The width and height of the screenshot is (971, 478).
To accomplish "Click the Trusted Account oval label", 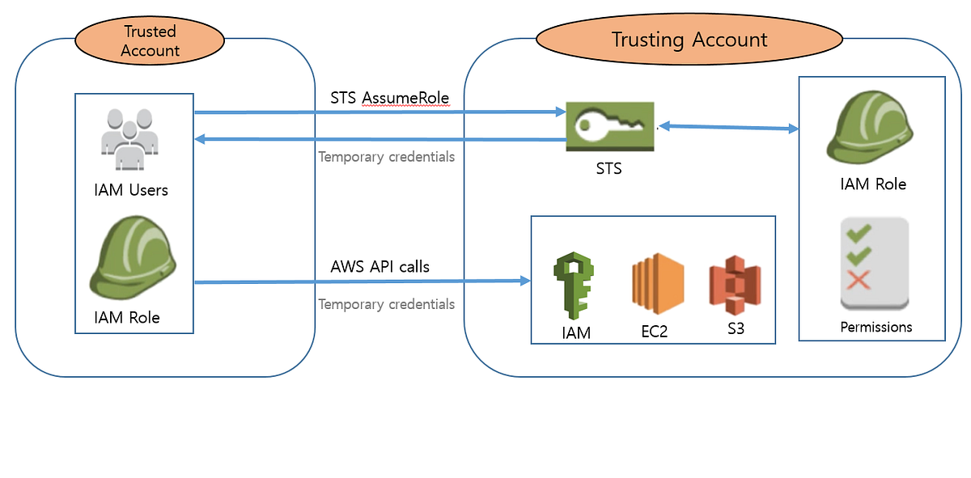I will [x=151, y=41].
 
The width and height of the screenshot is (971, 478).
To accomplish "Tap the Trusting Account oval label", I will [x=689, y=40].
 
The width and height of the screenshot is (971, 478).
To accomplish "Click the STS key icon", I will [x=610, y=126].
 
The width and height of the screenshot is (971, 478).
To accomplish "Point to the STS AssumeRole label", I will [x=390, y=98].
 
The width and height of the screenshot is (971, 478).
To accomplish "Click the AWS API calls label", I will [x=379, y=266].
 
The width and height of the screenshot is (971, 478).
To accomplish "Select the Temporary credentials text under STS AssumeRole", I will [x=386, y=157].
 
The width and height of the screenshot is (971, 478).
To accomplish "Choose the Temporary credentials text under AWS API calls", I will [x=386, y=304].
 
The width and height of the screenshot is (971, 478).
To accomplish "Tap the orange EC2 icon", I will [x=657, y=285].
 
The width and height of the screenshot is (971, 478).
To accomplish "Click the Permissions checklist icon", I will [x=875, y=264].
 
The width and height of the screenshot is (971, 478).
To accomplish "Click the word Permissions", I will [x=876, y=328].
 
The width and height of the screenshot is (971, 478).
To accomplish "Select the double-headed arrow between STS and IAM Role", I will [x=728, y=128].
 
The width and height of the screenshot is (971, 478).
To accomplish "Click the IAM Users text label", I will [x=131, y=191].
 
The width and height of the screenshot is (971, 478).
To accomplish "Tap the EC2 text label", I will [x=654, y=331].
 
